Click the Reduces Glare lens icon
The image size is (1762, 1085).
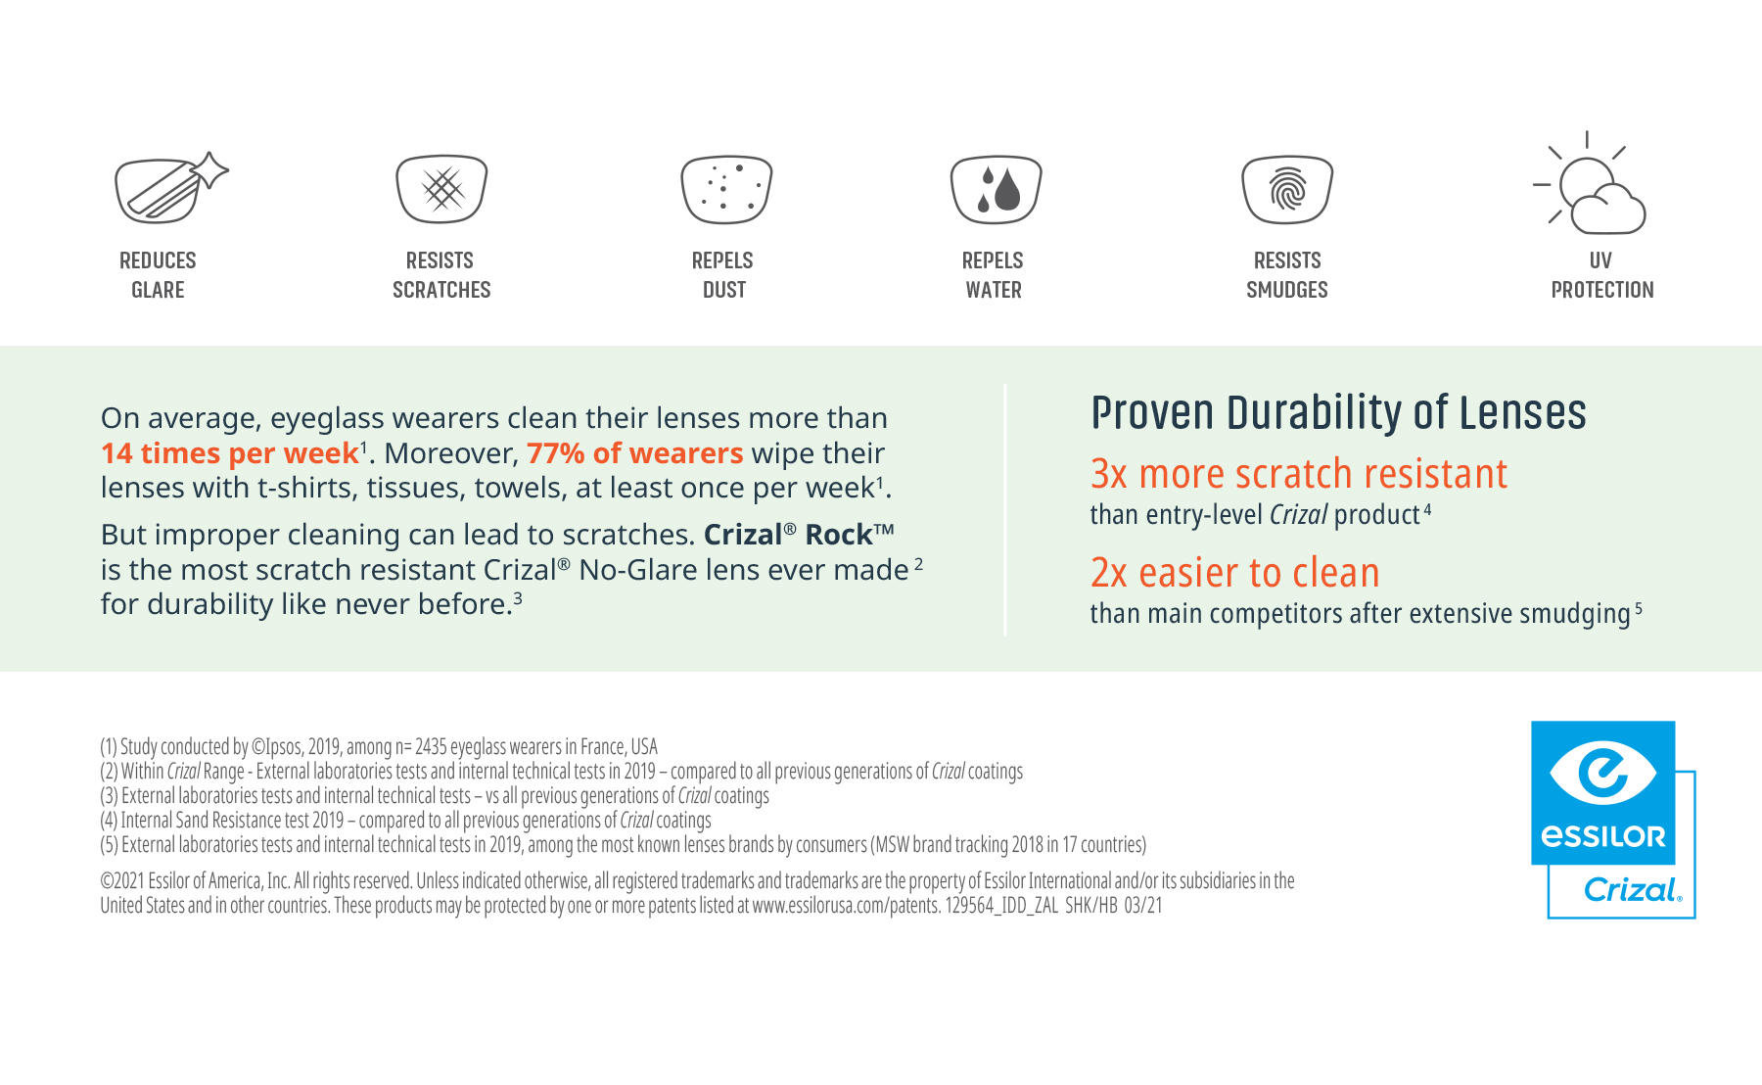[x=170, y=188]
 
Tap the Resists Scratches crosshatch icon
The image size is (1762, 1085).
[x=441, y=189]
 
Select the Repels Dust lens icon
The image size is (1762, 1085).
[x=726, y=189]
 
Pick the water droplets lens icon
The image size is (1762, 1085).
[x=996, y=189]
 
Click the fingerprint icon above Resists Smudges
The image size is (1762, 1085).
[x=1287, y=189]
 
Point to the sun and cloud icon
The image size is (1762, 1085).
[x=1590, y=183]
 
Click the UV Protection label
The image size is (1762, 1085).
[x=1602, y=275]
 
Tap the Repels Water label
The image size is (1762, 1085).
[x=994, y=275]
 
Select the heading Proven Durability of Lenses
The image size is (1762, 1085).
[x=1338, y=412]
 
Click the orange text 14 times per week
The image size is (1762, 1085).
[x=230, y=453]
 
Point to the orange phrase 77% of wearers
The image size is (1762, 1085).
[x=635, y=453]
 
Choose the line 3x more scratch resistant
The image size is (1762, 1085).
[x=1299, y=474]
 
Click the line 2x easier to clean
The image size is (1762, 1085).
[x=1235, y=573]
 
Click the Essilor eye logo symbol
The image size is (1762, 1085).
[x=1602, y=772]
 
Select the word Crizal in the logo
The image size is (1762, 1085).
[x=1632, y=890]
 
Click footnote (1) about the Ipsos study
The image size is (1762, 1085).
[x=379, y=747]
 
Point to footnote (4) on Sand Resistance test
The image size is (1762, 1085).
[x=405, y=821]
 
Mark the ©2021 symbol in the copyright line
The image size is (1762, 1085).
[x=106, y=881]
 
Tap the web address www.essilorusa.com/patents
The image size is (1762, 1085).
[x=846, y=906]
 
